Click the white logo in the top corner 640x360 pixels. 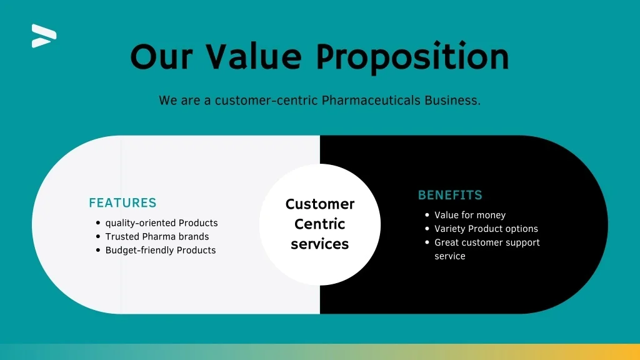[x=44, y=36]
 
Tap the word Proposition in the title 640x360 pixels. [x=412, y=57]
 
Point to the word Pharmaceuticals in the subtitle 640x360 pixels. [x=371, y=100]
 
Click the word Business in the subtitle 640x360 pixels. [x=452, y=100]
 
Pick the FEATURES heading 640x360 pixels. [x=122, y=203]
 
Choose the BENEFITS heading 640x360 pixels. [x=450, y=195]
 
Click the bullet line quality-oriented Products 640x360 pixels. [x=161, y=223]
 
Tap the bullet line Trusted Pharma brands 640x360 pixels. [x=157, y=236]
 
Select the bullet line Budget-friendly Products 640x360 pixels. [x=161, y=250]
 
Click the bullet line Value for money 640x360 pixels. [x=470, y=215]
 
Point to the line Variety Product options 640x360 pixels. [x=486, y=229]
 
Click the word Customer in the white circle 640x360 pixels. [x=320, y=204]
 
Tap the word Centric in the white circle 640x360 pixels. [x=319, y=224]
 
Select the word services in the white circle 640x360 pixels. [x=319, y=244]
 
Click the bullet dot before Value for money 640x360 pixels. [x=427, y=215]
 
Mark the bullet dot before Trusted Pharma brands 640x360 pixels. [x=98, y=236]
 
